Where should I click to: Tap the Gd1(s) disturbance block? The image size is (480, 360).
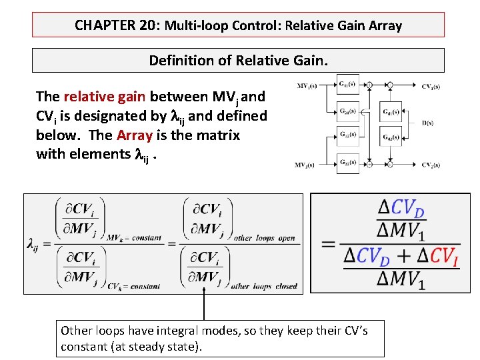[391, 112]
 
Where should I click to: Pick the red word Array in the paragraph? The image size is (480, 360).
[135, 135]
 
